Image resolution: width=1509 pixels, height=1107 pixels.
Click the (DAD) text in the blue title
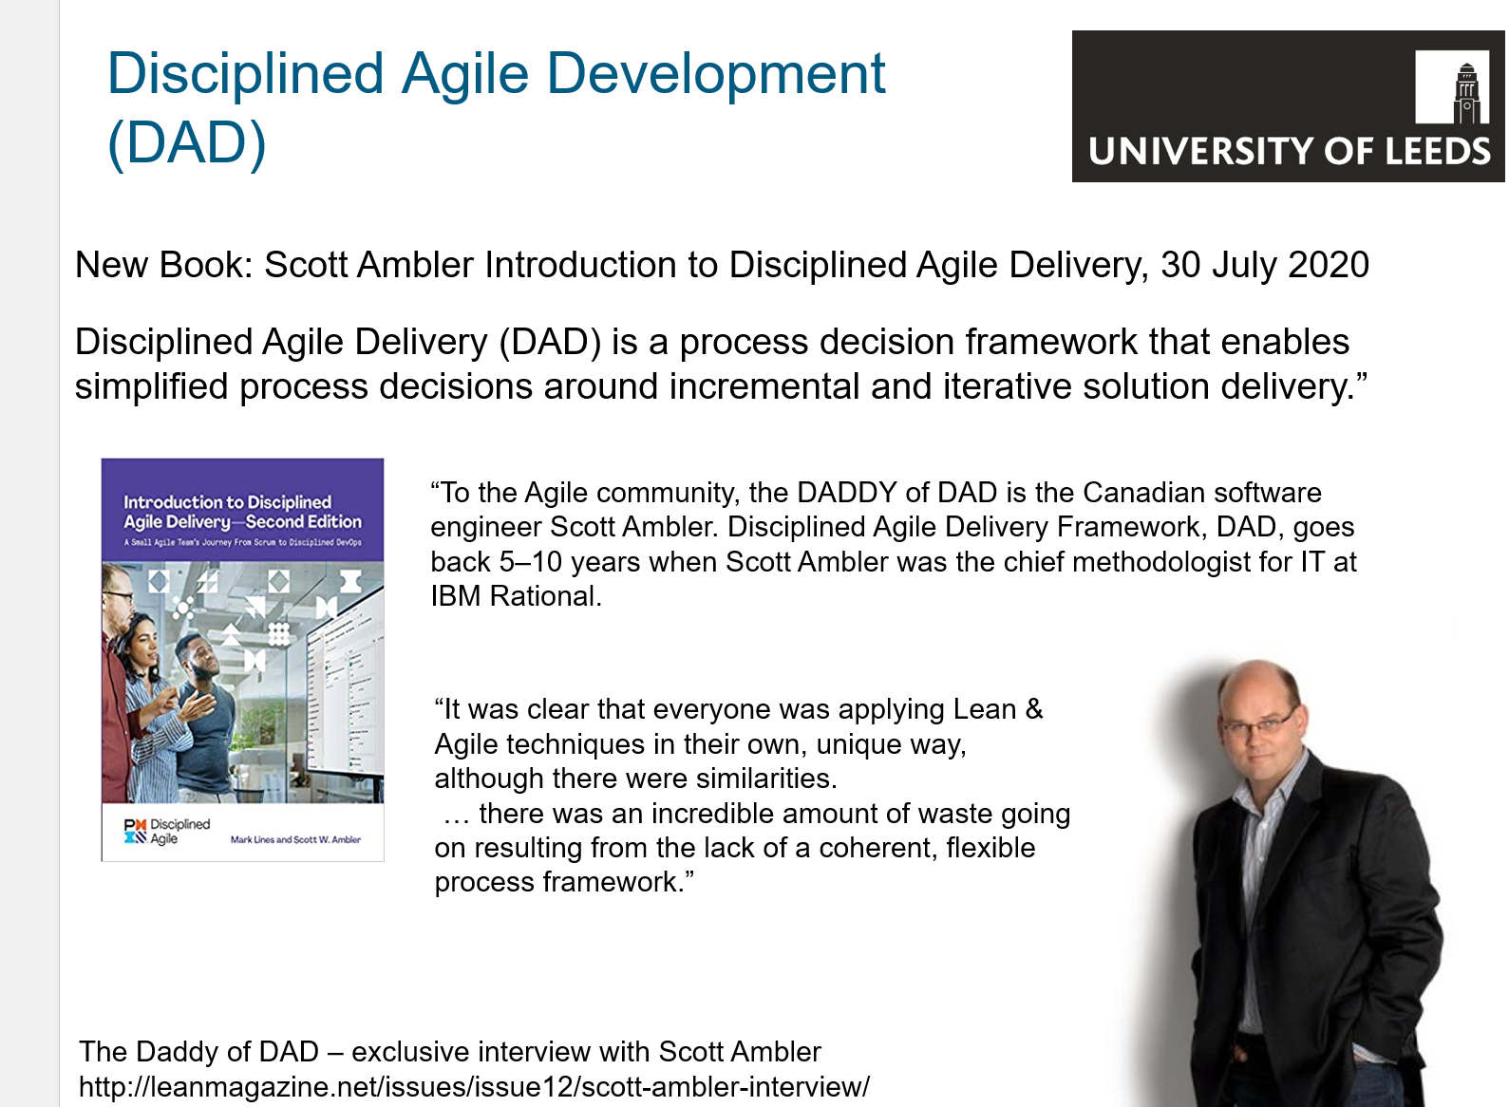[x=186, y=143]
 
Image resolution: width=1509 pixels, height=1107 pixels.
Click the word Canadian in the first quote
[x=1142, y=492]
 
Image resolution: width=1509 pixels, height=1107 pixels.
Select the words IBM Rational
[x=516, y=596]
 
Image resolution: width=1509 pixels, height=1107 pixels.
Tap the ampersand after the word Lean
[x=1033, y=709]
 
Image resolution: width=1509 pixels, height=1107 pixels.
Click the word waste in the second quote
[x=951, y=814]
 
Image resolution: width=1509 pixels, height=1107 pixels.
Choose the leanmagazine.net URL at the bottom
[x=474, y=1086]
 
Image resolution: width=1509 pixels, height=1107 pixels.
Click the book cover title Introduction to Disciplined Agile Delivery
[x=242, y=512]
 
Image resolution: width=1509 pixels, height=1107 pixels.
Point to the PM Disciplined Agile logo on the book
[x=166, y=832]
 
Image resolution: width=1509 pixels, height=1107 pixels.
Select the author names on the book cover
[x=295, y=839]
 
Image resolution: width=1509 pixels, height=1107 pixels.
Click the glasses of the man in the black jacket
[x=1259, y=723]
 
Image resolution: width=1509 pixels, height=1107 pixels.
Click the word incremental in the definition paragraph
[x=764, y=386]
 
